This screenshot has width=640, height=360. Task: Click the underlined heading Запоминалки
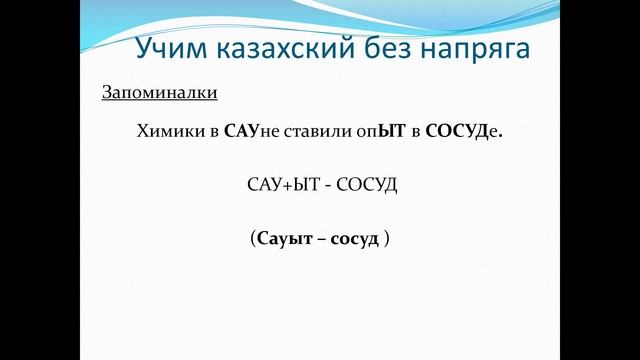point(160,93)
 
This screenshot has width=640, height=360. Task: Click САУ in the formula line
point(265,186)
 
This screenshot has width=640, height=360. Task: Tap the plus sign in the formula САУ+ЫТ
point(290,186)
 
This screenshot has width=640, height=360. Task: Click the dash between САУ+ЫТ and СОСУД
point(326,187)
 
